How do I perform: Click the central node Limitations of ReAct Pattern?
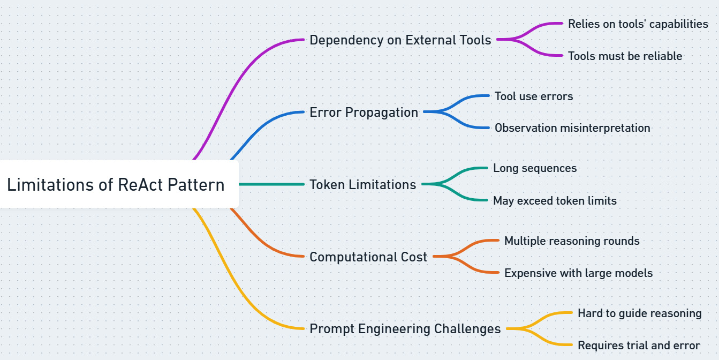pos(116,185)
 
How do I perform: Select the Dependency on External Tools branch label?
pos(400,40)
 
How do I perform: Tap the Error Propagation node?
pos(364,112)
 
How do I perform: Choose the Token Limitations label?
pos(362,185)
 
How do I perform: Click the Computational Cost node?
pos(368,257)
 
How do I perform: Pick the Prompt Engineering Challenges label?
pos(405,329)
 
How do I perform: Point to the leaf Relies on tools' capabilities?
pos(638,24)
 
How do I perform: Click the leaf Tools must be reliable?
pos(625,56)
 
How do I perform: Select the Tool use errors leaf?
pos(533,96)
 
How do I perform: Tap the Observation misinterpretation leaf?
pos(572,128)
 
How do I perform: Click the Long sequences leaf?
pos(535,168)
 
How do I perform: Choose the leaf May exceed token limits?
pos(555,201)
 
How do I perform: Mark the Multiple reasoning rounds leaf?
pos(572,241)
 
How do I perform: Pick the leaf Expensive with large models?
pos(578,273)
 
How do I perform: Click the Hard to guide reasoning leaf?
pos(639,313)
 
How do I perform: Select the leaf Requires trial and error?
pos(638,346)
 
